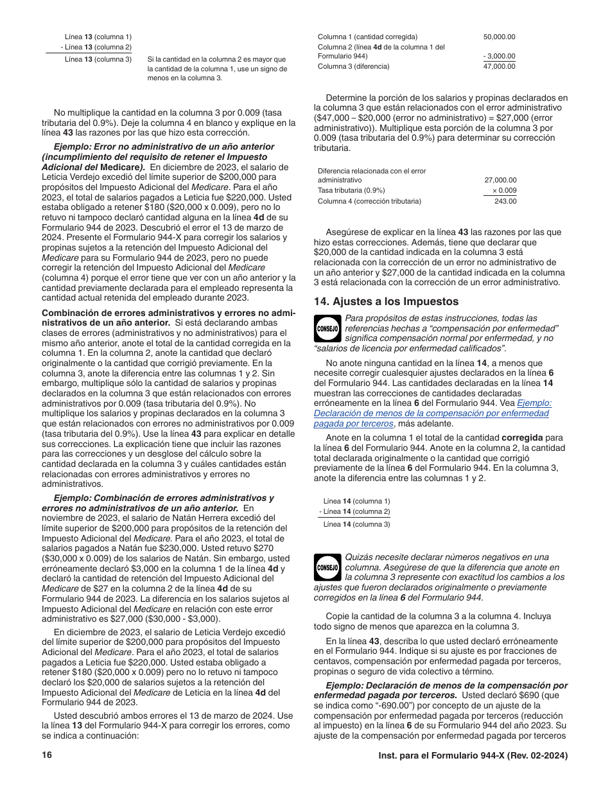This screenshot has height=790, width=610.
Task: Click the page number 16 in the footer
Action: (x=46, y=755)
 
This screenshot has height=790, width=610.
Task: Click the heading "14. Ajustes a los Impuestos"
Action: (x=386, y=301)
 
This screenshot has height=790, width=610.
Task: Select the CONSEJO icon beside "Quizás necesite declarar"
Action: (x=327, y=568)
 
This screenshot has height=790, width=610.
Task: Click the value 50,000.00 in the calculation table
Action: (x=499, y=37)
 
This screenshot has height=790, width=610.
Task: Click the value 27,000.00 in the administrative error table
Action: (x=500, y=180)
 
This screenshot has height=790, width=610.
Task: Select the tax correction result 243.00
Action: (x=505, y=201)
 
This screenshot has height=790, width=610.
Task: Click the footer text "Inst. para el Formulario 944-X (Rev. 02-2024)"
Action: (x=473, y=755)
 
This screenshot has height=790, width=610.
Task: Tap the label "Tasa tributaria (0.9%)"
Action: (x=351, y=191)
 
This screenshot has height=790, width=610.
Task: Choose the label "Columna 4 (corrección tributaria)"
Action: (x=369, y=201)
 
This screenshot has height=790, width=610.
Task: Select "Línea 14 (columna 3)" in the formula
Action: (x=356, y=524)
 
